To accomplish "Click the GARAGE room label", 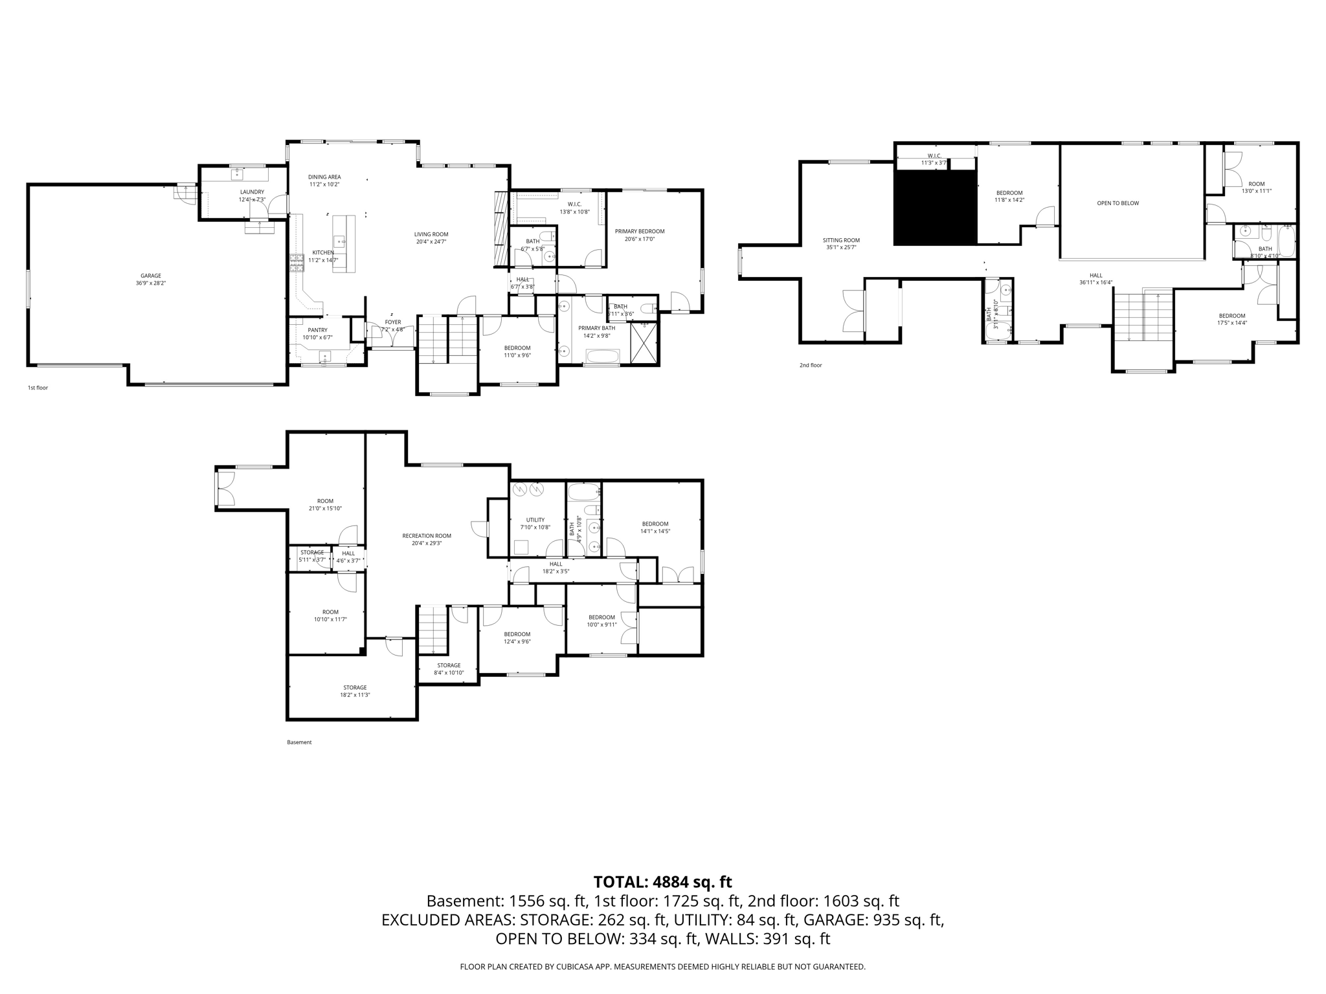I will point(151,276).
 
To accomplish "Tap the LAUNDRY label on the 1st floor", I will point(252,192).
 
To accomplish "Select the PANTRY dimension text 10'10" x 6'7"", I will point(317,338).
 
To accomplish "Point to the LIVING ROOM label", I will point(431,234).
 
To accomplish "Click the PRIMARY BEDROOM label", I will point(639,231).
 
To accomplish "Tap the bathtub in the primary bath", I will point(602,356).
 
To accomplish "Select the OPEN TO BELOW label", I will point(1118,203).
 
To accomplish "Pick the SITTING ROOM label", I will point(841,240).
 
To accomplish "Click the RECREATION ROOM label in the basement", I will point(426,536).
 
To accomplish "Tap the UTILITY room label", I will point(535,520).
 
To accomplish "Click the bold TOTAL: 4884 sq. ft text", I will point(662,882).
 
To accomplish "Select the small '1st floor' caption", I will point(38,388).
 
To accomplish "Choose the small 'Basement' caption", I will point(299,742).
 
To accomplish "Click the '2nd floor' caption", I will point(810,365).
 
